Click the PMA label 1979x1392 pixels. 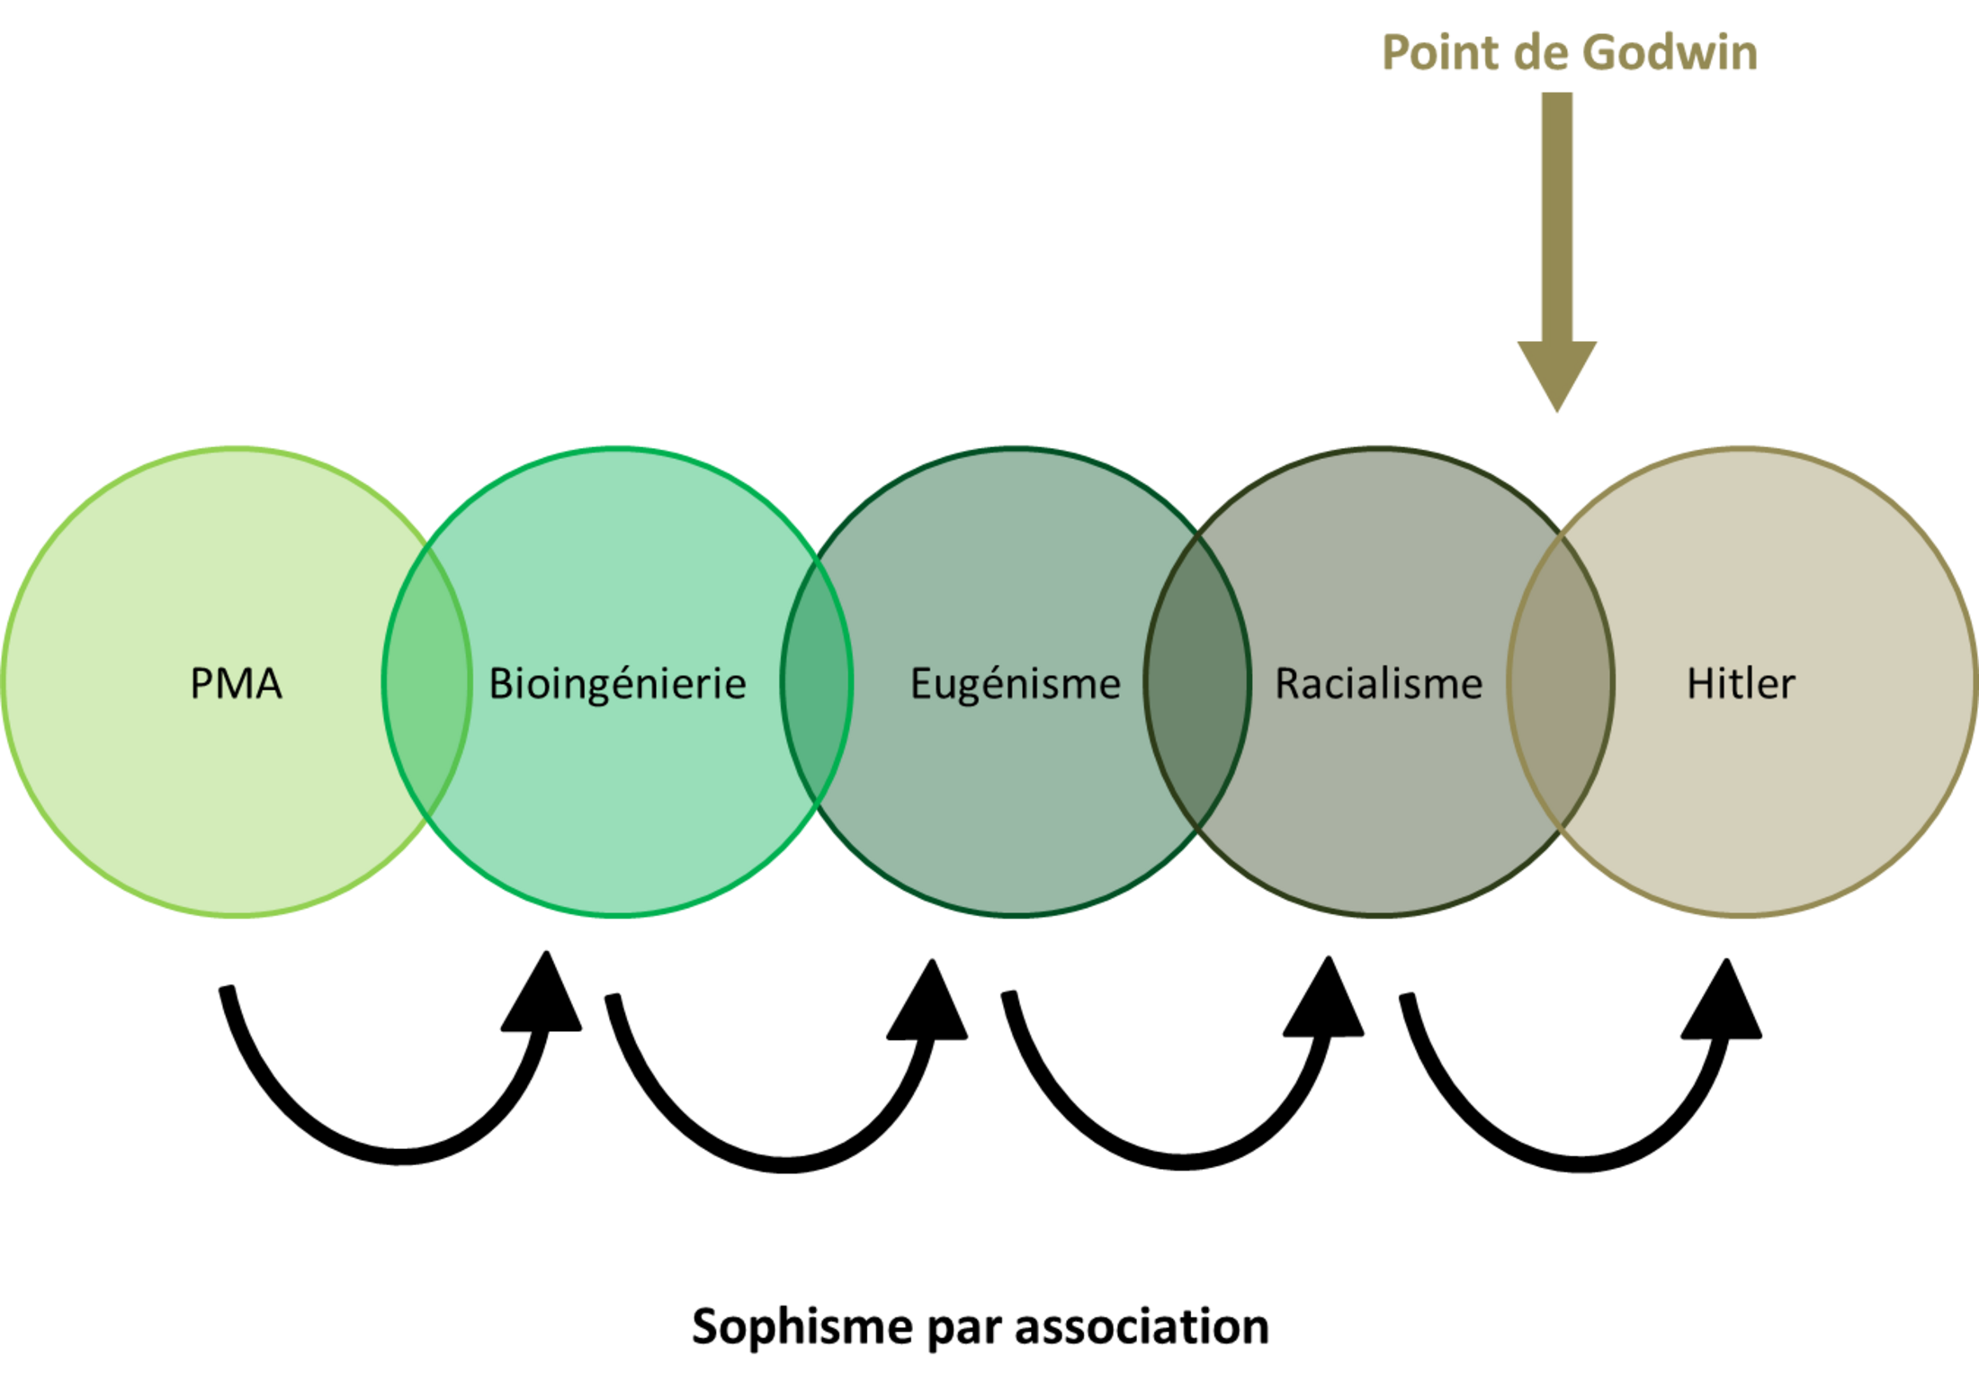[x=236, y=683]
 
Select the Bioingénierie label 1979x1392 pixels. [x=617, y=684]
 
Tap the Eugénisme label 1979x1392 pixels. [x=1016, y=684]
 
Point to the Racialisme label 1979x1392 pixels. [x=1378, y=683]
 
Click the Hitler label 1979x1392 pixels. [x=1741, y=683]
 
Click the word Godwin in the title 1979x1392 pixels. [x=1670, y=52]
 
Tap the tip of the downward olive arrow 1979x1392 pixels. [x=1557, y=412]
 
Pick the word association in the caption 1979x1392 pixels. [x=1142, y=1326]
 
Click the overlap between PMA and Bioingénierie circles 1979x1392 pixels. [x=426, y=681]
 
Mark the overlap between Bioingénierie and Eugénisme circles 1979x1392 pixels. [x=816, y=681]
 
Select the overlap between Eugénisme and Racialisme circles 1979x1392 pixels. [x=1197, y=681]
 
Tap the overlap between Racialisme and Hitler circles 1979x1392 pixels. [x=1561, y=681]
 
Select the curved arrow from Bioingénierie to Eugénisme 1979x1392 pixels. [x=784, y=1163]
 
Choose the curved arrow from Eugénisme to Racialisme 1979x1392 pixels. [x=1182, y=1161]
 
